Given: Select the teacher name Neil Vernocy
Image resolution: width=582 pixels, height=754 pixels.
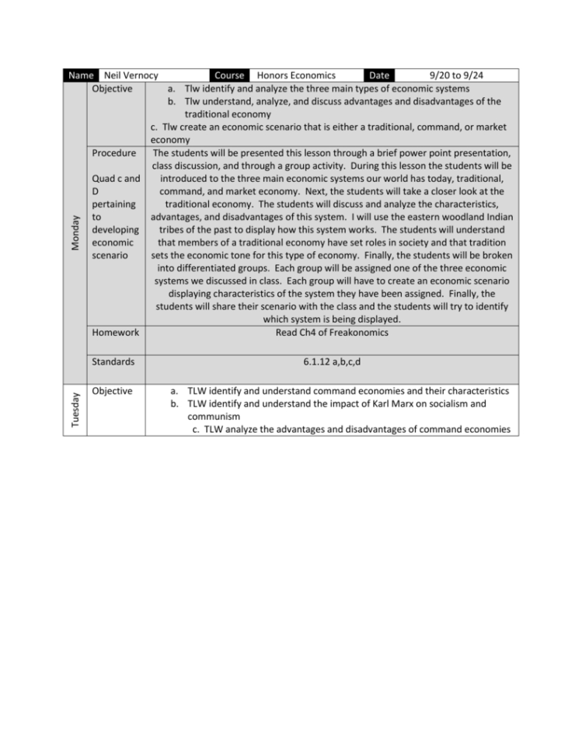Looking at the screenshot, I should (131, 75).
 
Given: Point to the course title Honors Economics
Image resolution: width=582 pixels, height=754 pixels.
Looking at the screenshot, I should (296, 75).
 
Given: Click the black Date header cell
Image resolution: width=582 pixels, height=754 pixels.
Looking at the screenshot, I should (379, 75).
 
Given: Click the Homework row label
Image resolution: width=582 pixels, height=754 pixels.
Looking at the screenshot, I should (116, 333).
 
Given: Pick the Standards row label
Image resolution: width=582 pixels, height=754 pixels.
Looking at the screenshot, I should (113, 361).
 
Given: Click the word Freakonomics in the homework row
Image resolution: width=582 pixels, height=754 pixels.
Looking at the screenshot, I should (357, 333).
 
